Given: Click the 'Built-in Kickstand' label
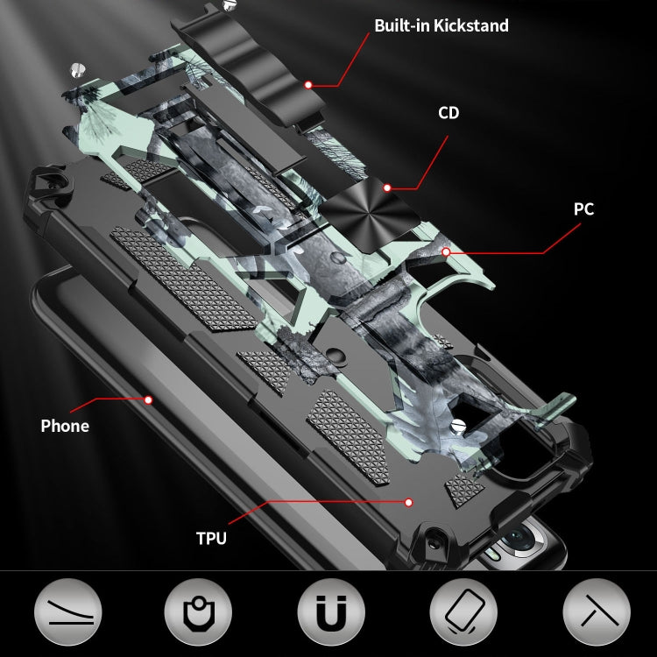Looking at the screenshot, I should coord(441,25).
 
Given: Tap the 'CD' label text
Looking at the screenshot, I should coord(449,113).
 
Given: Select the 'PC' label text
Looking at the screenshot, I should coord(583,209).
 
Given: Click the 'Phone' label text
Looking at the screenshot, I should coord(65,427).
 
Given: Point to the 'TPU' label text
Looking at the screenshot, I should coord(210,538).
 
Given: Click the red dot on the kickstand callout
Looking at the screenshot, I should coord(309,85).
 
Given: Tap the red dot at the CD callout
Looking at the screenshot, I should coord(386,187).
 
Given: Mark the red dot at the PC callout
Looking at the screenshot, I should coord(446,252).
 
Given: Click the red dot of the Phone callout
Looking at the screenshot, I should coord(148,399).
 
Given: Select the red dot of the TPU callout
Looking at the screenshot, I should coord(408,502).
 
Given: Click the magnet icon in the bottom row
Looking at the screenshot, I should coord(331,612).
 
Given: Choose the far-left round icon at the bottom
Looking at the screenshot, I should coord(68,612).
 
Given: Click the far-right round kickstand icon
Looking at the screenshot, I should coord(595,612).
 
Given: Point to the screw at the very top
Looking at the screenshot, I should coord(230,5).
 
